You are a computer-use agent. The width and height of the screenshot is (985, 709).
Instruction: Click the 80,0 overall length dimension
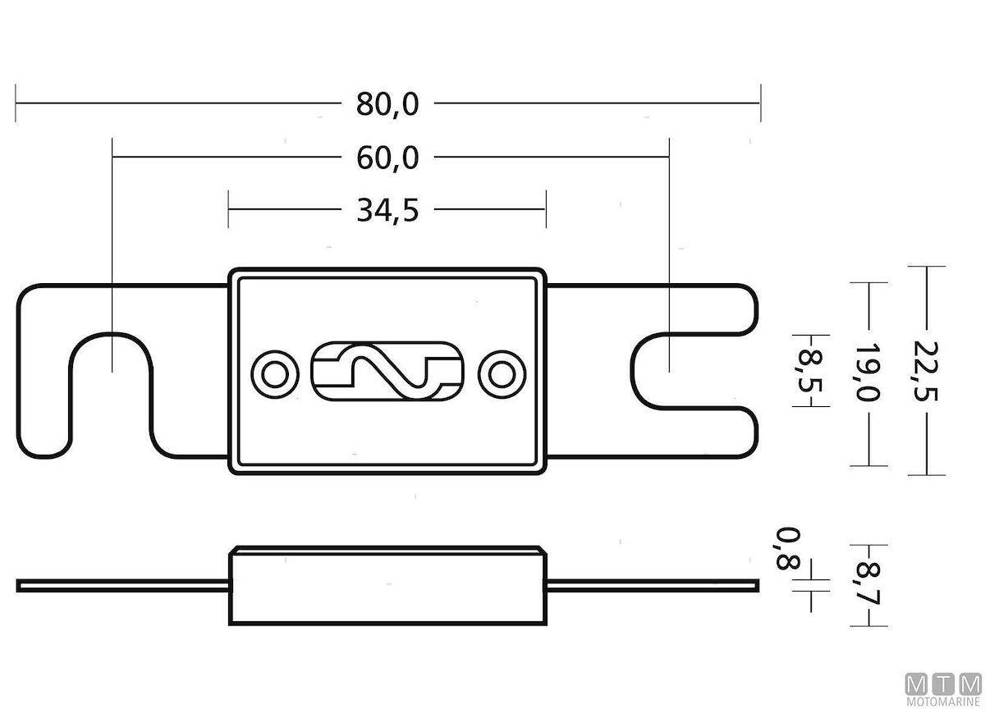[x=387, y=104]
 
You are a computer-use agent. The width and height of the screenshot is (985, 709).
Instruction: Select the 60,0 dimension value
[x=387, y=158]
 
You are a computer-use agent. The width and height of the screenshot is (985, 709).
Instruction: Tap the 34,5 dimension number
[x=387, y=211]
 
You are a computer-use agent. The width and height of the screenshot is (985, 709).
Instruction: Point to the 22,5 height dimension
[x=926, y=371]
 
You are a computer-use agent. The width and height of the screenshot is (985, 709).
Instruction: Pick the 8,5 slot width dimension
[x=810, y=370]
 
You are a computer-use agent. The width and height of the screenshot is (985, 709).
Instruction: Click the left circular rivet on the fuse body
[x=275, y=374]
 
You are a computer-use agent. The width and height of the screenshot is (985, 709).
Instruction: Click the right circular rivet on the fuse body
[x=502, y=374]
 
